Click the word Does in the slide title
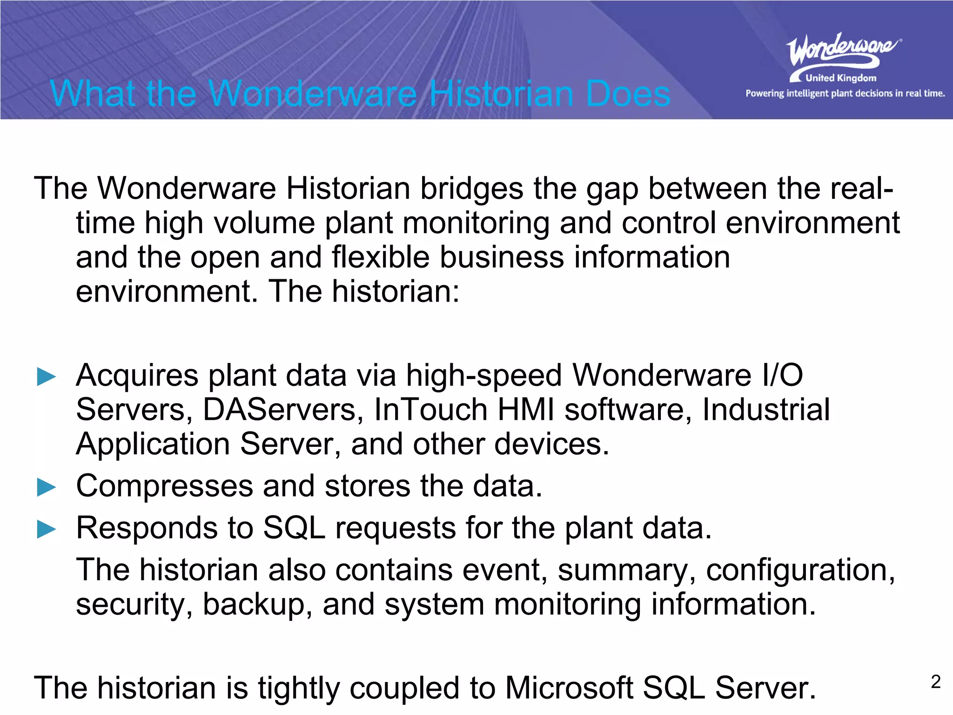(628, 94)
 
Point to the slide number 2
(936, 682)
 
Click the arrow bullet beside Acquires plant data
(46, 377)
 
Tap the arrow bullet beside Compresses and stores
(46, 487)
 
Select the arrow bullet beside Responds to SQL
(46, 529)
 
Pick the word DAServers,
(283, 410)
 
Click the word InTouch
(430, 410)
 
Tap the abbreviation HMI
(526, 410)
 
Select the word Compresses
(164, 486)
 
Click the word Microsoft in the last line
(569, 688)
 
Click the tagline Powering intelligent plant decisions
(845, 94)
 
